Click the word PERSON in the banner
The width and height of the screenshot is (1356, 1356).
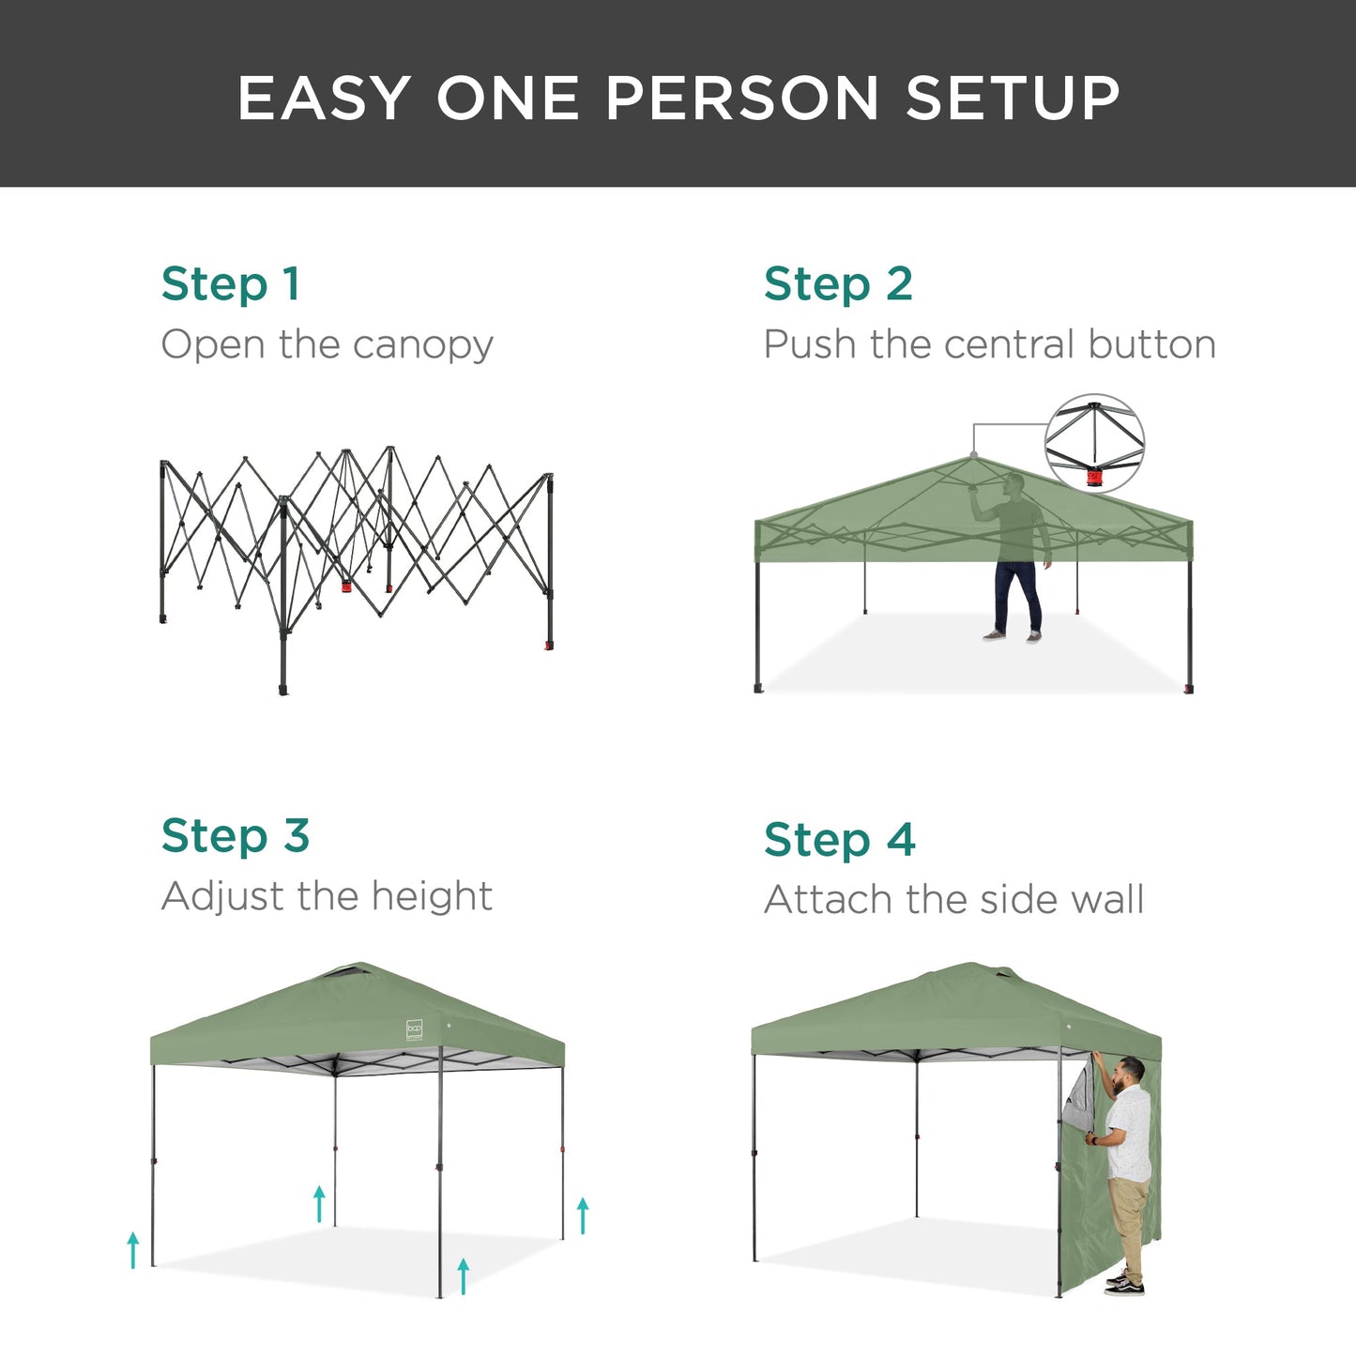[741, 98]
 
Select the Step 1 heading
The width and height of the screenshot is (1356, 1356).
[230, 283]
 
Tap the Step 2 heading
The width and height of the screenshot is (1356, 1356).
[837, 283]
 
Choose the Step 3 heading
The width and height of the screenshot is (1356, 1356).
[235, 835]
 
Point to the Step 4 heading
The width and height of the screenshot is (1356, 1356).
[839, 839]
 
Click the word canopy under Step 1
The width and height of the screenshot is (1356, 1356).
[422, 345]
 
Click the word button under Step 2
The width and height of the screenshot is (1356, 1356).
[1151, 344]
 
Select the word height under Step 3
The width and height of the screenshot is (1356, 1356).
[431, 896]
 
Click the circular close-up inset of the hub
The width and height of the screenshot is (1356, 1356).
[1094, 443]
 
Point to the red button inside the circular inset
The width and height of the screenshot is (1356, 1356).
[1094, 478]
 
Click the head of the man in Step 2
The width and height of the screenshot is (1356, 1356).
[1013, 484]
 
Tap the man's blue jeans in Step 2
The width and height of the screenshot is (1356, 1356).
[1017, 596]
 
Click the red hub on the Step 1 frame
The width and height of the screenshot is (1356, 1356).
[346, 588]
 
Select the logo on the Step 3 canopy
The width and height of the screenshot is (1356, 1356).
[415, 1029]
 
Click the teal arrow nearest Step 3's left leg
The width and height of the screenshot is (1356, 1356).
[133, 1250]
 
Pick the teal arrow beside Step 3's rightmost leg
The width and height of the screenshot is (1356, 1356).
[583, 1215]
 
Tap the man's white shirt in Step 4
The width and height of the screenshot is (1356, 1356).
[1129, 1131]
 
